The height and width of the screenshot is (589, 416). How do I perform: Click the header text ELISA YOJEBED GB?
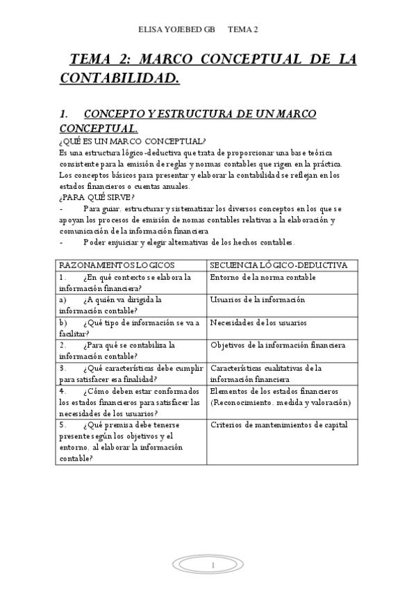tap(177, 29)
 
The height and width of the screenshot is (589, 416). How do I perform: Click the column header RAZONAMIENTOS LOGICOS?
tap(117, 265)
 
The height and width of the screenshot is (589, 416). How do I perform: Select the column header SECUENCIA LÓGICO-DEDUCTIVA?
tap(278, 265)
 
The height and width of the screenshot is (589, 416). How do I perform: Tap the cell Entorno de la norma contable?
tap(263, 277)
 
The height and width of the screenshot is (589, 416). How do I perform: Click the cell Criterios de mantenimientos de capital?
tap(278, 425)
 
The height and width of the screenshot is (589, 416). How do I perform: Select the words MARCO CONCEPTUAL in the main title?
tap(235, 59)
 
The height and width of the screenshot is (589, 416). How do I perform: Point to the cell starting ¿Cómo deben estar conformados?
tap(131, 402)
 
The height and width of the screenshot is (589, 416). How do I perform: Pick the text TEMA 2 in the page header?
tap(242, 29)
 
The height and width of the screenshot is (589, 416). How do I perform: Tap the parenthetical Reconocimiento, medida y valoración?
tap(280, 402)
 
